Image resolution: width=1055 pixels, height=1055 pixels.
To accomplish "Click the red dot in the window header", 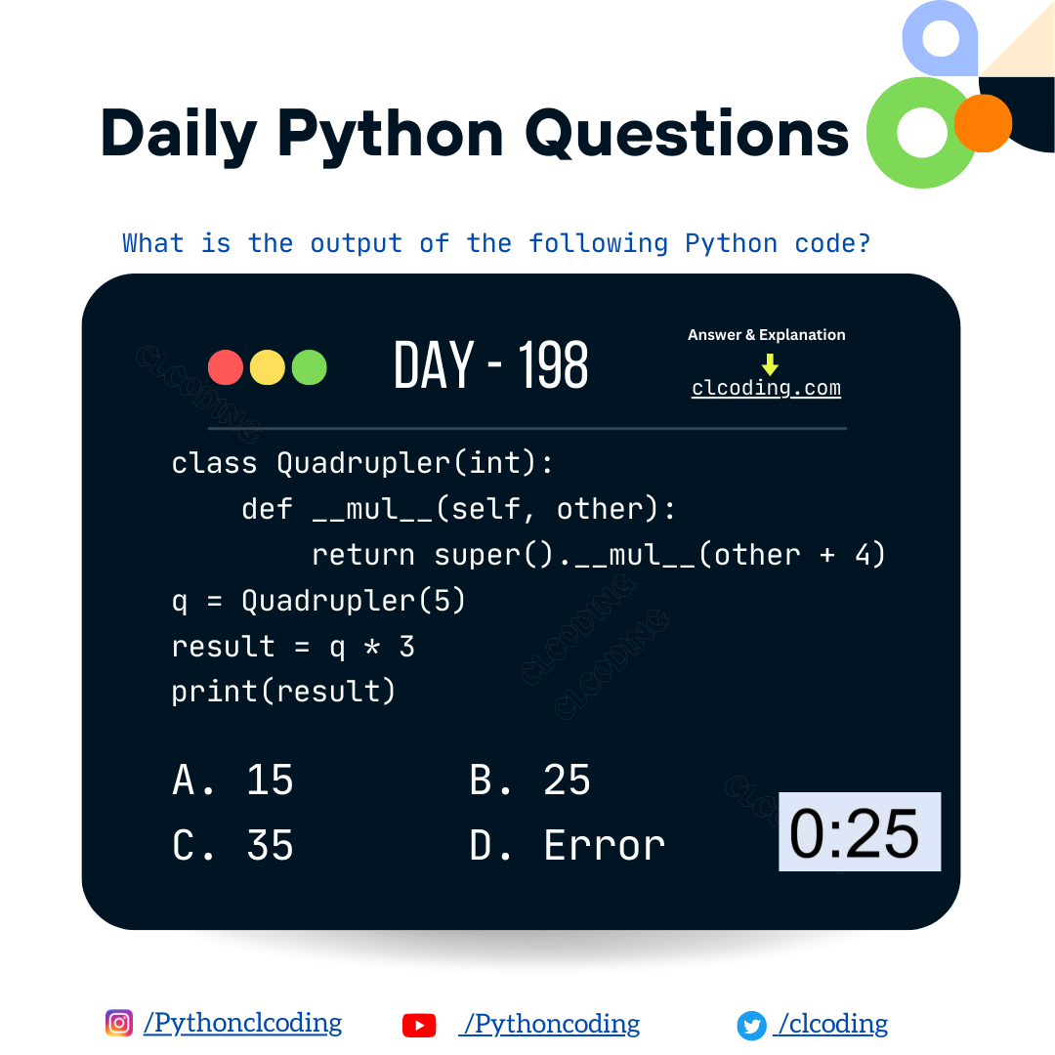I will click(226, 367).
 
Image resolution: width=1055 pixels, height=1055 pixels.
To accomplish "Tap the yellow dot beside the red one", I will click(268, 367).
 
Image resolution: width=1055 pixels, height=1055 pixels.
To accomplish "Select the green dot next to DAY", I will click(309, 367).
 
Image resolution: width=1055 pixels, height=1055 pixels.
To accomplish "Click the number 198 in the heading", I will click(553, 366).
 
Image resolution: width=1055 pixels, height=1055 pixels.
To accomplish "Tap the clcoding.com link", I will click(766, 388).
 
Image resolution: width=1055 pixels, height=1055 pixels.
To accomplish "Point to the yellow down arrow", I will click(770, 363).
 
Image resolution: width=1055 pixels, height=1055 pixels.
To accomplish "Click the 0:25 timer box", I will click(859, 831).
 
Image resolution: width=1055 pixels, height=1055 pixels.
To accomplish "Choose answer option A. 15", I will click(232, 781).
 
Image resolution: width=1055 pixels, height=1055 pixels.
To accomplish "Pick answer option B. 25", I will click(530, 781).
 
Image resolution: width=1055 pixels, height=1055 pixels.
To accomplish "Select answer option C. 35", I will click(232, 845).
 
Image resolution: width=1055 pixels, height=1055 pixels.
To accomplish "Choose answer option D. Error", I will click(568, 845).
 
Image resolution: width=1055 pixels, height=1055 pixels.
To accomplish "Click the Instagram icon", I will click(119, 1023).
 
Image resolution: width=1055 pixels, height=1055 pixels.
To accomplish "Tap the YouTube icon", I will click(419, 1025).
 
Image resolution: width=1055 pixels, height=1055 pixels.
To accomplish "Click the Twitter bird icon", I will click(751, 1025).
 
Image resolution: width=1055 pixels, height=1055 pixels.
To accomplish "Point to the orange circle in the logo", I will click(983, 123).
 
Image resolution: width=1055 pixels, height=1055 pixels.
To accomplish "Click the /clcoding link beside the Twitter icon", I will click(831, 1024).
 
